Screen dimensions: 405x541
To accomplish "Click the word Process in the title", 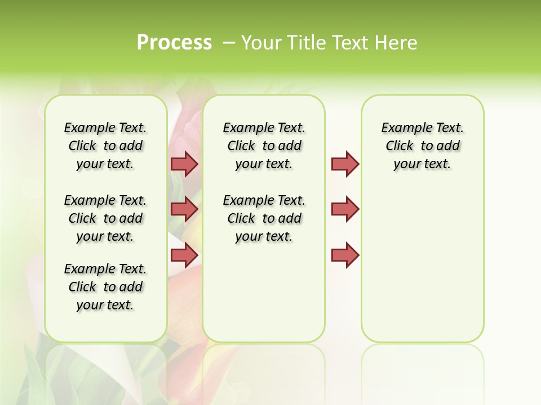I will tap(174, 43).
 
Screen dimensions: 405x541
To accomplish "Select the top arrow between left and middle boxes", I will tap(184, 164).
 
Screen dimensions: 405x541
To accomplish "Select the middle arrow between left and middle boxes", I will tap(184, 209).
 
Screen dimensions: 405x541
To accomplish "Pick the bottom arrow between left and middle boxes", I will tap(184, 255).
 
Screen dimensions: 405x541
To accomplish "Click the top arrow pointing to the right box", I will tap(345, 164).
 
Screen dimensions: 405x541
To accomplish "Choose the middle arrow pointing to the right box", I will tap(345, 209).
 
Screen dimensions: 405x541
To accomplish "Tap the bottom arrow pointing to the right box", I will tap(345, 255).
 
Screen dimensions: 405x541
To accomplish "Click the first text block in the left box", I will tap(105, 146).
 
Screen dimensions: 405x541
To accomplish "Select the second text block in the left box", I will tap(105, 218).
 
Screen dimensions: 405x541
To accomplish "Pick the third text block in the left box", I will tap(105, 287).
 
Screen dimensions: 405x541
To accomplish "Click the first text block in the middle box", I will tap(264, 146).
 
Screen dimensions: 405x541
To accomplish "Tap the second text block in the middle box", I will tap(264, 218).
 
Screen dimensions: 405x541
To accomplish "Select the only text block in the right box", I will tap(422, 146).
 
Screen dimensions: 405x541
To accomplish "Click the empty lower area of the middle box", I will tap(264, 292).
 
